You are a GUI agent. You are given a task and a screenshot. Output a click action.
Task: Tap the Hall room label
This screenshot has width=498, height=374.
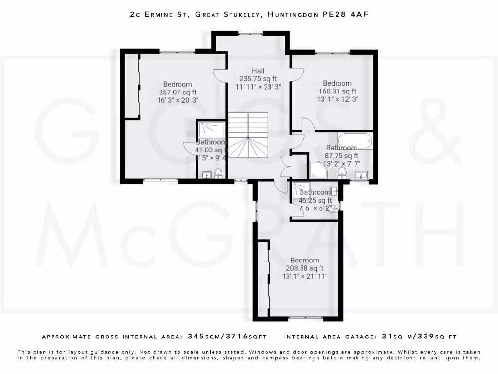tap(258, 71)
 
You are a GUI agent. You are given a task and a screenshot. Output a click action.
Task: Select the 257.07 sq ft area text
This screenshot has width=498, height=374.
tap(178, 92)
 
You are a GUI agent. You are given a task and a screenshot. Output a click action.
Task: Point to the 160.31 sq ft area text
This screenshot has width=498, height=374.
tap(337, 91)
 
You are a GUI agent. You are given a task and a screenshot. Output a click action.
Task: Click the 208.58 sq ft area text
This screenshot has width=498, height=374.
tap(305, 268)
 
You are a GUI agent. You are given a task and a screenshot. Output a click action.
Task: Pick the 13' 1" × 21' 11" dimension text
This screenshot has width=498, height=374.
tap(305, 276)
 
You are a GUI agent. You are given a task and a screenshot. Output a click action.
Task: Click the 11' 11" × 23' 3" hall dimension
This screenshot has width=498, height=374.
tap(258, 87)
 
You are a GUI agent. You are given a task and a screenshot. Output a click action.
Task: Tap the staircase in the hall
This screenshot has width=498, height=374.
tap(248, 135)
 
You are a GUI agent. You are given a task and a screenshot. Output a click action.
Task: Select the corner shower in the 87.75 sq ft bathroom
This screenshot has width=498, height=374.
tap(319, 170)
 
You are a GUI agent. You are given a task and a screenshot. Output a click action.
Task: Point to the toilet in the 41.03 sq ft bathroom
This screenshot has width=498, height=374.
tap(218, 173)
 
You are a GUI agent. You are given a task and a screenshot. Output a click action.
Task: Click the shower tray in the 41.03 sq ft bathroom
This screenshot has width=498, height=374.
tap(211, 130)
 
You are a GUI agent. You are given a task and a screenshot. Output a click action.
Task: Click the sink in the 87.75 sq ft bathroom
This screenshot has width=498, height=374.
tap(361, 175)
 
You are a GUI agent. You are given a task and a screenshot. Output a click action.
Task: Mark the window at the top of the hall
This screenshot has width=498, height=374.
tap(251, 33)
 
